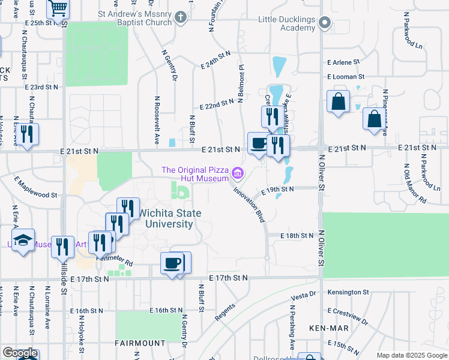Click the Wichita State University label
click(x=167, y=218)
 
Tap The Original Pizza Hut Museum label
click(x=195, y=174)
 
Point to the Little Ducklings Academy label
click(x=286, y=23)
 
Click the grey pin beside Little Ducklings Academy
click(x=325, y=23)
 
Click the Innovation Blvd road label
click(x=249, y=204)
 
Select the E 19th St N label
click(x=277, y=189)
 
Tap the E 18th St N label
click(x=297, y=236)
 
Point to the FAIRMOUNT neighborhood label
click(x=140, y=343)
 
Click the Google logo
click(x=20, y=353)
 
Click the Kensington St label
click(x=348, y=292)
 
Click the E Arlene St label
click(x=343, y=62)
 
